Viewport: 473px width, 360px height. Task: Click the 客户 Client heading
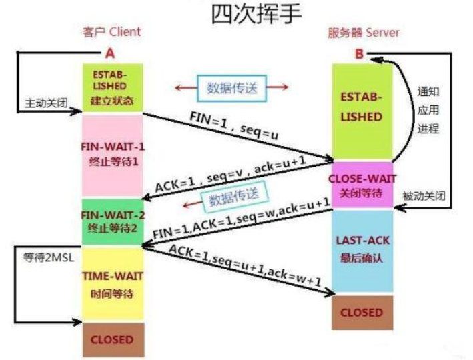(111, 32)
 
